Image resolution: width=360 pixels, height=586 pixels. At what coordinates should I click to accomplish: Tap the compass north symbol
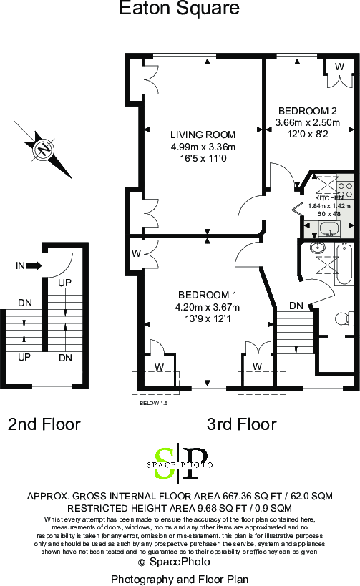[x=44, y=150]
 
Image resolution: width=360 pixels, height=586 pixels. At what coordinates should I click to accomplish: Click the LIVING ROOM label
[x=203, y=135]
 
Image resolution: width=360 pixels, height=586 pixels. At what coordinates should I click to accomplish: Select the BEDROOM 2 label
[x=307, y=111]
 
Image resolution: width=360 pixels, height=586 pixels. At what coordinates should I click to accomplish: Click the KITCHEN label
[x=329, y=197]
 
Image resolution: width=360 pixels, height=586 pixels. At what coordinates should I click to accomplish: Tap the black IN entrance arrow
[x=33, y=266]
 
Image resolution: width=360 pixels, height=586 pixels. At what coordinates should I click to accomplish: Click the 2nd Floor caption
[x=44, y=424]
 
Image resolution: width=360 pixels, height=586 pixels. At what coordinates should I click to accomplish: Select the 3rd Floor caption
[x=241, y=424]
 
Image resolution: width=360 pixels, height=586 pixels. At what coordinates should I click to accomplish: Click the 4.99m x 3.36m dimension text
[x=203, y=147]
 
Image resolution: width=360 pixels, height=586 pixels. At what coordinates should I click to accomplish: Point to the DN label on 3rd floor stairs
[x=296, y=306]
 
